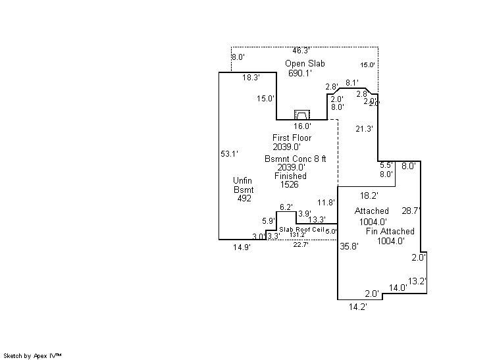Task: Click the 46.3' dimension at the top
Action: click(301, 50)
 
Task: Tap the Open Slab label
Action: click(305, 63)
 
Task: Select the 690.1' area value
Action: click(299, 73)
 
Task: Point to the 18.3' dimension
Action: click(251, 77)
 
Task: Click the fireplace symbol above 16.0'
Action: click(301, 115)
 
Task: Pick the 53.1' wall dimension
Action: click(229, 153)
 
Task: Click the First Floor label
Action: click(292, 138)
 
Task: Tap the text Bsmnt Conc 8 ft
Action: click(296, 159)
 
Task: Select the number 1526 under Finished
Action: click(290, 185)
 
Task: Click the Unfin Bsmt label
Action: click(244, 185)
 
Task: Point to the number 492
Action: click(245, 197)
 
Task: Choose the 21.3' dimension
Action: click(364, 128)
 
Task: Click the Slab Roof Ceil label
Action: click(301, 228)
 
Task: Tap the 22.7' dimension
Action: click(301, 245)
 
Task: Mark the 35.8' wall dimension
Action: click(349, 247)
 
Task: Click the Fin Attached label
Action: click(390, 231)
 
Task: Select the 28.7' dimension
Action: click(411, 211)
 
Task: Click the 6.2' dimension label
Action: click(286, 207)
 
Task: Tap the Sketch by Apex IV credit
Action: click(33, 355)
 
